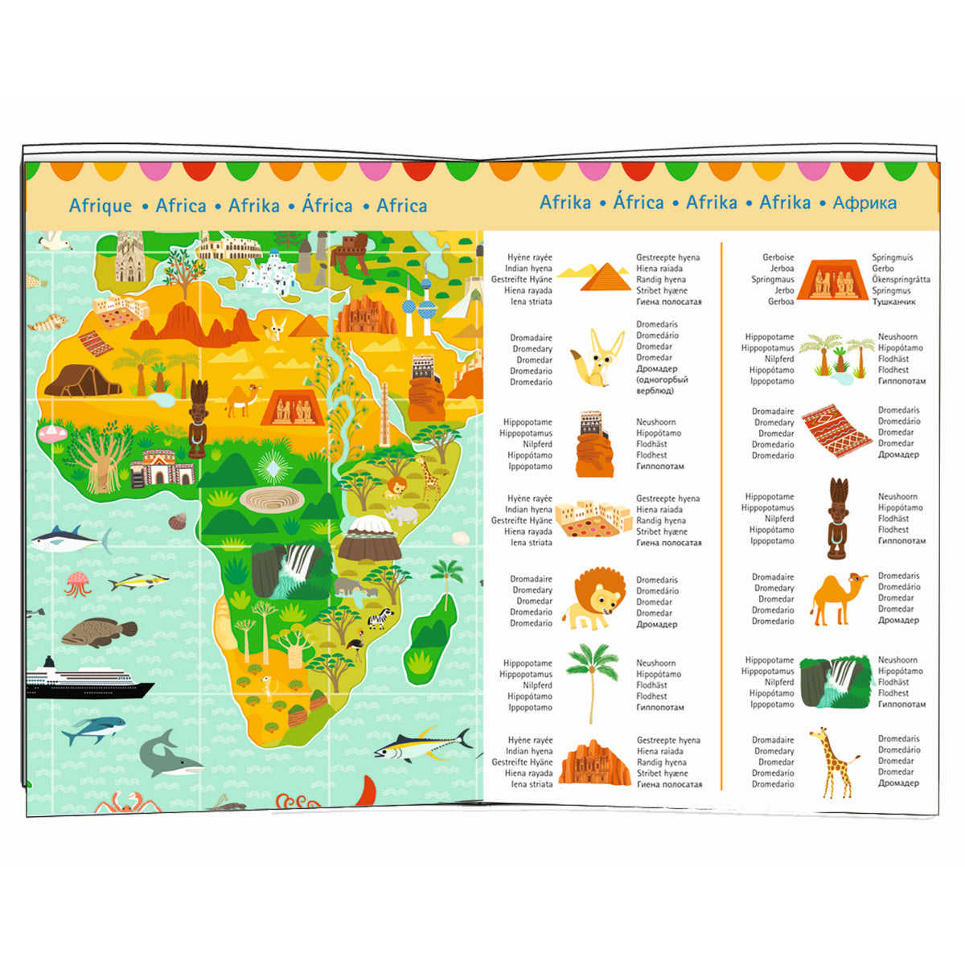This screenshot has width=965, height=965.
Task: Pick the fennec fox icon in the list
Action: pos(593,358)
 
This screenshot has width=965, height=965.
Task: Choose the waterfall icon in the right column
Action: pos(836,682)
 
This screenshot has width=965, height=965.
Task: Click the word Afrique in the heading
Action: pos(101,206)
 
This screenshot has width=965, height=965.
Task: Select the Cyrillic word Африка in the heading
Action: pos(864,203)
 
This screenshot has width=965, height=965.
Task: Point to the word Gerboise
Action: pos(778,257)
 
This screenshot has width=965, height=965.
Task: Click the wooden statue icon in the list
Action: pos(837,518)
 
